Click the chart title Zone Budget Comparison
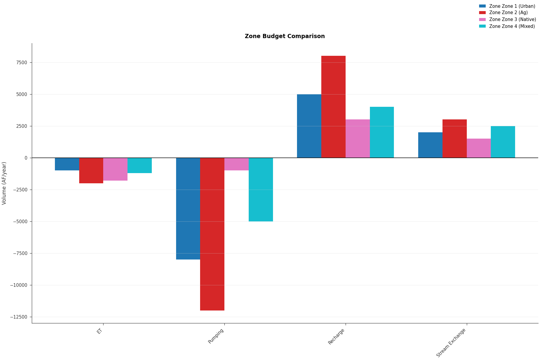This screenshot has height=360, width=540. click(284, 36)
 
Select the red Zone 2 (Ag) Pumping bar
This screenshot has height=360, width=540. click(212, 234)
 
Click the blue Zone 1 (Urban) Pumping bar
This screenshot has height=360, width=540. click(188, 208)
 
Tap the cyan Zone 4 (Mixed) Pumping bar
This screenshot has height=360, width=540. click(261, 190)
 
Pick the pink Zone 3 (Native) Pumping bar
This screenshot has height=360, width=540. click(236, 164)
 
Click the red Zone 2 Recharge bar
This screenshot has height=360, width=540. click(333, 107)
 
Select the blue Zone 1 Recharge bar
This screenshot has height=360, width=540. click(309, 126)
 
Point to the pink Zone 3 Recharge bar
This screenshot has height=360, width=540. click(358, 139)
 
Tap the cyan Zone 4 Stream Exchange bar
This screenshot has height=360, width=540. click(503, 142)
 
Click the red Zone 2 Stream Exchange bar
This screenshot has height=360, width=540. click(454, 139)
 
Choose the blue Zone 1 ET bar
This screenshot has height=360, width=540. click(67, 164)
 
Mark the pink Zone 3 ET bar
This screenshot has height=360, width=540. click(115, 169)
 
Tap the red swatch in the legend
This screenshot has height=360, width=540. click(482, 13)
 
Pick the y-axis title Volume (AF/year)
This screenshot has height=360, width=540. click(4, 183)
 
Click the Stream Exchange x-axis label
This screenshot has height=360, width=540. click(451, 343)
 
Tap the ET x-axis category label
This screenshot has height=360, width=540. click(100, 331)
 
